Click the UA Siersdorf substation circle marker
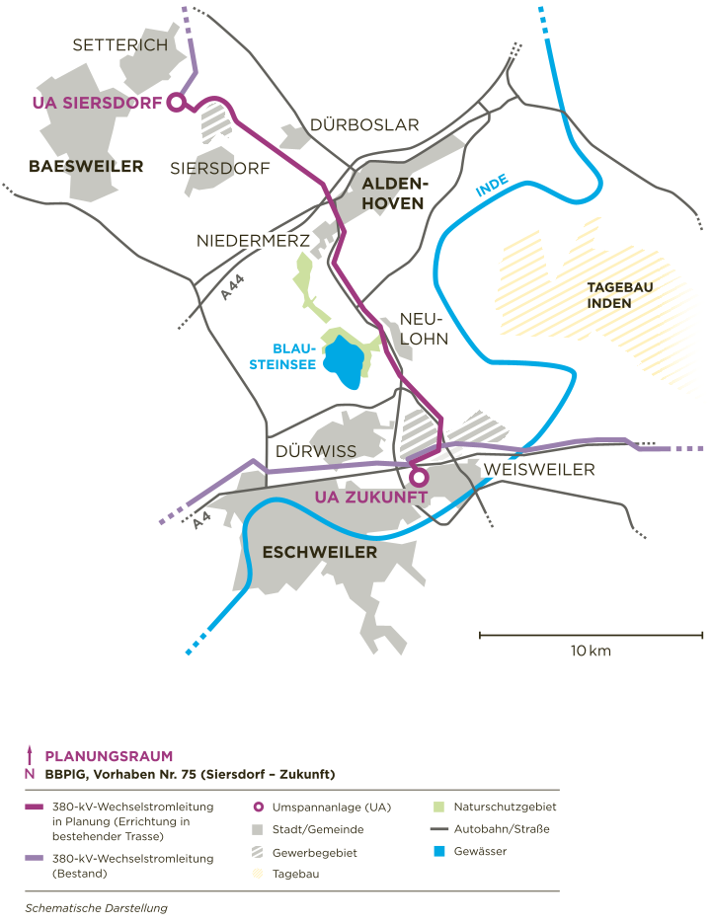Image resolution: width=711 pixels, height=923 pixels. click(176, 102)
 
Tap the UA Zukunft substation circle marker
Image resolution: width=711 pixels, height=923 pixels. click(419, 478)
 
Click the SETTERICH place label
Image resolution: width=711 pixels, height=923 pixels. click(120, 45)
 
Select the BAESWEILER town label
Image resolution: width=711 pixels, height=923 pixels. click(86, 167)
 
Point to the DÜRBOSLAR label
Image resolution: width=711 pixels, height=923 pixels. click(364, 125)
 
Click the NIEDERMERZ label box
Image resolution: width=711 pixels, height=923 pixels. click(253, 241)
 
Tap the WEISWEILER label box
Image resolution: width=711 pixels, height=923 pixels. click(539, 470)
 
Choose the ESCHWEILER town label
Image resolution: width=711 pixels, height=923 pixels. click(320, 553)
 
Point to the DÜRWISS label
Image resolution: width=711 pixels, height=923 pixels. click(316, 451)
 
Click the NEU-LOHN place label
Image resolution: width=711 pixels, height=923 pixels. click(424, 329)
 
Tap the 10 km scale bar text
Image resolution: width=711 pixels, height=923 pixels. click(591, 652)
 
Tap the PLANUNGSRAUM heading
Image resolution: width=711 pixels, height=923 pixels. click(109, 757)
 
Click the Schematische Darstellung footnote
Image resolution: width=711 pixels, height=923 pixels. click(96, 907)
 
